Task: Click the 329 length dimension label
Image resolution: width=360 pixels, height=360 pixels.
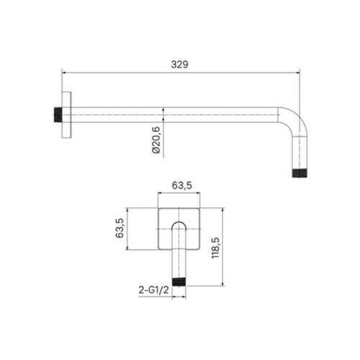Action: (179, 65)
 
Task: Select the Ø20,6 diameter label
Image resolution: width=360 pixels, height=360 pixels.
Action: (156, 140)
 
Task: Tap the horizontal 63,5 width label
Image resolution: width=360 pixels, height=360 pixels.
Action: (182, 186)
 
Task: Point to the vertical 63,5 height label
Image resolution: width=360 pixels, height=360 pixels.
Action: (120, 228)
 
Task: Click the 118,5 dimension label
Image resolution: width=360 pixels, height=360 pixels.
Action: (215, 248)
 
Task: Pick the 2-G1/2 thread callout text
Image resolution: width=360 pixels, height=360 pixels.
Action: (153, 290)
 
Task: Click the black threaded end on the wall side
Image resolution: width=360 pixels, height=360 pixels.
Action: (58, 115)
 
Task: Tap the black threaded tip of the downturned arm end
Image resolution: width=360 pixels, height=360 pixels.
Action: (300, 174)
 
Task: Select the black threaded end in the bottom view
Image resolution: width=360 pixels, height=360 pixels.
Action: (179, 282)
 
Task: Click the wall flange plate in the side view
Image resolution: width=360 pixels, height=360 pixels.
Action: (66, 115)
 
